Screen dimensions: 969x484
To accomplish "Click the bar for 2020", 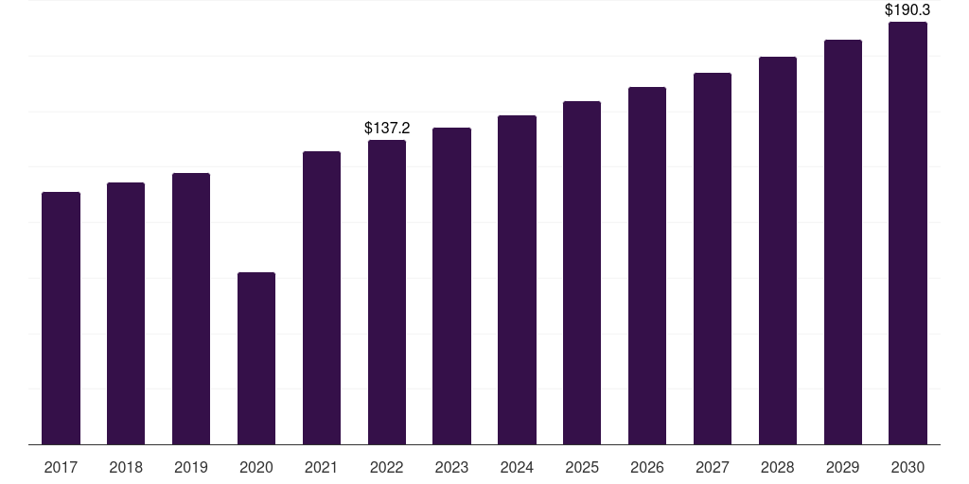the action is [x=256, y=358].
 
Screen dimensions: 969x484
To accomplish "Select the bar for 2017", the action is [x=61, y=318].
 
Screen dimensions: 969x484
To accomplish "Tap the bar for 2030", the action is [x=907, y=233].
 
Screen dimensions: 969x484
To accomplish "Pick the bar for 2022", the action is [x=387, y=292].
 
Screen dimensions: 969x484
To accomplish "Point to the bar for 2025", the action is [x=582, y=273].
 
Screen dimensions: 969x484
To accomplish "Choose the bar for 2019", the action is [x=191, y=309].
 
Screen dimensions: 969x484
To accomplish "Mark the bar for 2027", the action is [x=713, y=259].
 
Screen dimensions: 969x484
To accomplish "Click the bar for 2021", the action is [x=322, y=298].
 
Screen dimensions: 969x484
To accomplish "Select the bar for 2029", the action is [x=843, y=242].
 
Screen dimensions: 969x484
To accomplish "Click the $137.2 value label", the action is [x=387, y=128].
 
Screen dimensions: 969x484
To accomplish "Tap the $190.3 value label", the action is [x=907, y=9].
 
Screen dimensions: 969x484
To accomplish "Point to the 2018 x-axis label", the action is [x=126, y=467].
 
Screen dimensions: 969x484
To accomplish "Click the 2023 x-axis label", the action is [x=451, y=467].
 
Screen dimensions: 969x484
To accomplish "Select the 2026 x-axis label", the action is [x=647, y=467].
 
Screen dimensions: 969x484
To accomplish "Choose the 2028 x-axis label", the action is [x=778, y=467].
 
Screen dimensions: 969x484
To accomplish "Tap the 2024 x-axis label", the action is [x=517, y=467].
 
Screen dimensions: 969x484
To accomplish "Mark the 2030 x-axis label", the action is [x=907, y=467].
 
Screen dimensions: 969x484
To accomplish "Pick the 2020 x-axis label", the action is [x=256, y=467].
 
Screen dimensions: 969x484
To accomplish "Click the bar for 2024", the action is [x=518, y=280].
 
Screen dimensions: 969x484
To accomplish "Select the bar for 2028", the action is [x=778, y=251].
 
